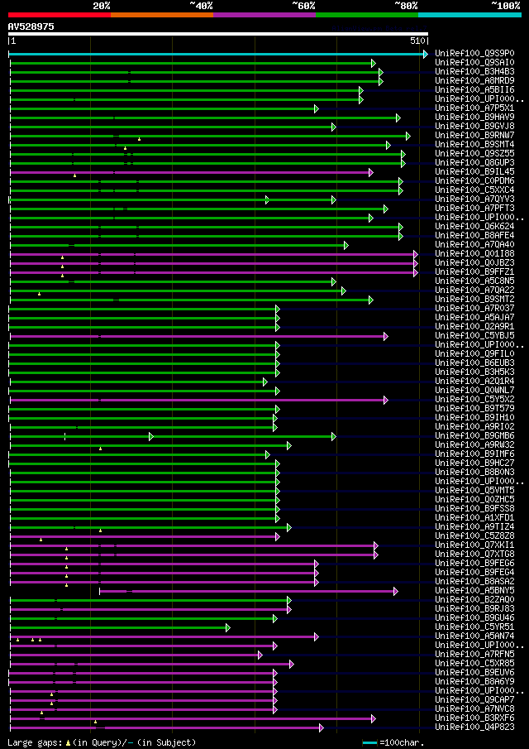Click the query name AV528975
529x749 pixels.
pyautogui.click(x=31, y=26)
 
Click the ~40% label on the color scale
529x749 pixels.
pyautogui.click(x=201, y=5)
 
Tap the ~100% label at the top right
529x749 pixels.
pyautogui.click(x=505, y=5)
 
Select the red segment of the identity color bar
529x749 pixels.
pyautogui.click(x=59, y=14)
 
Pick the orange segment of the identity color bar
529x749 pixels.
pyautogui.click(x=161, y=14)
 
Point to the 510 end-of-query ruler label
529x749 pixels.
pyautogui.click(x=417, y=41)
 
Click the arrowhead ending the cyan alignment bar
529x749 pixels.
pyautogui.click(x=425, y=54)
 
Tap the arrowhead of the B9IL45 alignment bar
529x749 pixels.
pyautogui.click(x=371, y=172)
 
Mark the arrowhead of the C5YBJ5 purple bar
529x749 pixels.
pyautogui.click(x=385, y=336)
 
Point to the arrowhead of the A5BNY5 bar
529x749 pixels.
pyautogui.click(x=395, y=591)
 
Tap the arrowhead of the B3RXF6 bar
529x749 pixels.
pyautogui.click(x=373, y=718)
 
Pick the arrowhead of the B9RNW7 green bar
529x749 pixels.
pyautogui.click(x=407, y=136)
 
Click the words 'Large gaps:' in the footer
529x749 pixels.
pyautogui.click(x=32, y=742)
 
